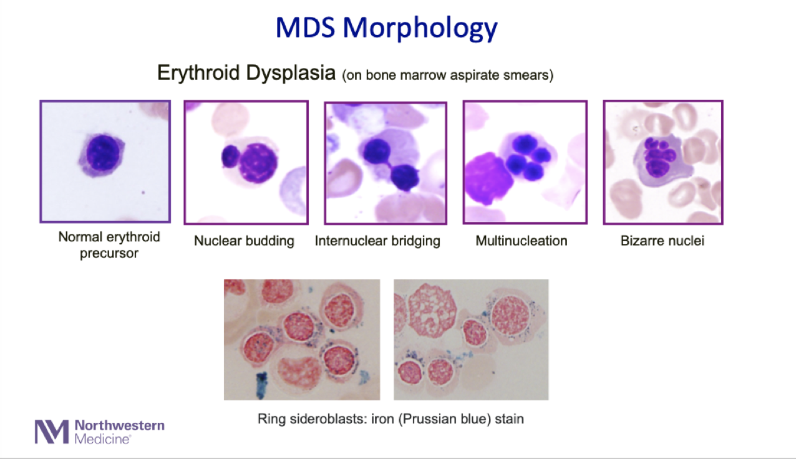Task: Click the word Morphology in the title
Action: (420, 28)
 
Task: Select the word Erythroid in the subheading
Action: (199, 73)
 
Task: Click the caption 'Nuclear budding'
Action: (244, 241)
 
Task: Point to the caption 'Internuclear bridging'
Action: (377, 241)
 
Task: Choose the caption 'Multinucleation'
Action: (522, 241)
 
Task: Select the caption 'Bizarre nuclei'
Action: (662, 241)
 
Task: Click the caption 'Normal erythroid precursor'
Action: (109, 245)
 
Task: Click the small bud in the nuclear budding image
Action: (230, 156)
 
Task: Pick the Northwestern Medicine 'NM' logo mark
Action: (52, 432)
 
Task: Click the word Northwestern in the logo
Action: (119, 425)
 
